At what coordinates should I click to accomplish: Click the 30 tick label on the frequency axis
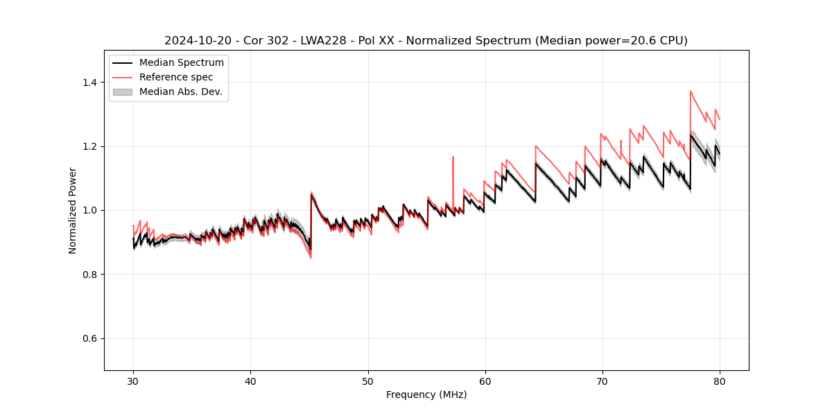pyautogui.click(x=133, y=381)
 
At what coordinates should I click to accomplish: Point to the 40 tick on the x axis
pyautogui.click(x=250, y=381)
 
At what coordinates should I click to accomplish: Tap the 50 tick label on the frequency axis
pyautogui.click(x=367, y=381)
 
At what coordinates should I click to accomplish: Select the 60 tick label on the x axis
pyautogui.click(x=485, y=381)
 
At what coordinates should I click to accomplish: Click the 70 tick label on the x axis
pyautogui.click(x=602, y=381)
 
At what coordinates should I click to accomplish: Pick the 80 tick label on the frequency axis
pyautogui.click(x=719, y=381)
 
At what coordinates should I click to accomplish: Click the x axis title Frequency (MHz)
pyautogui.click(x=426, y=395)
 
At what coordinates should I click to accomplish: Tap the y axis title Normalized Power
pyautogui.click(x=73, y=210)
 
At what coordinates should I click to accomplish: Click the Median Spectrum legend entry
pyautogui.click(x=181, y=62)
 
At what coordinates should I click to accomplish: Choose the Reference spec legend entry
pyautogui.click(x=176, y=77)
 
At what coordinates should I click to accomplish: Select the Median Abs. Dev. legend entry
pyautogui.click(x=180, y=92)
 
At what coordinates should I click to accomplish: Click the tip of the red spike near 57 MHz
pyautogui.click(x=453, y=157)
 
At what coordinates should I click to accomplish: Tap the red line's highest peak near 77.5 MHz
pyautogui.click(x=691, y=91)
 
